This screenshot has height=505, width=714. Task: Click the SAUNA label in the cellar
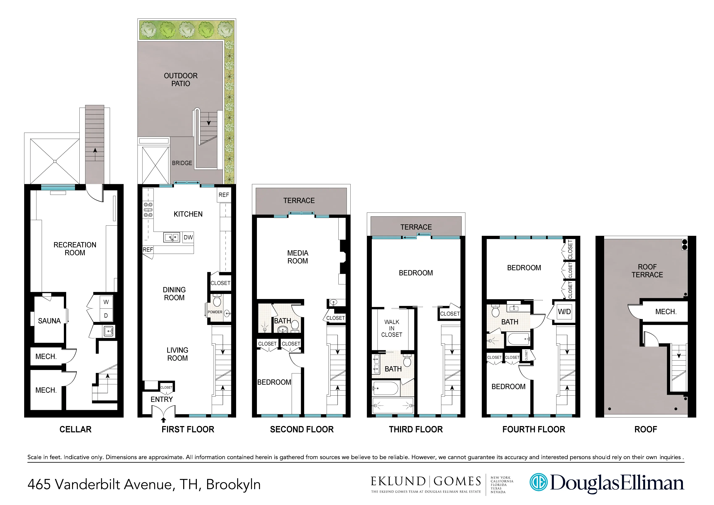49,321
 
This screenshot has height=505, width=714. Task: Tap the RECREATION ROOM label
75,249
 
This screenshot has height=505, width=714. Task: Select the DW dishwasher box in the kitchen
188,237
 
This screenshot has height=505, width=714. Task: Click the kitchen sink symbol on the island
171,237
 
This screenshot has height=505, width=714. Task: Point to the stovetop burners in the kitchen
148,210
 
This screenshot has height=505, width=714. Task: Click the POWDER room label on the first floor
215,312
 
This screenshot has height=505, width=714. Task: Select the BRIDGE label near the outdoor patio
182,163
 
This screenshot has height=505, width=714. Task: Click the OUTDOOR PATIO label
180,80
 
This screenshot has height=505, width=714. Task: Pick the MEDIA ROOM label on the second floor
297,257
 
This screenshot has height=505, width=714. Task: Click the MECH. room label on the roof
665,312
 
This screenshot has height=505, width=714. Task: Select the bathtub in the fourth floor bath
518,339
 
